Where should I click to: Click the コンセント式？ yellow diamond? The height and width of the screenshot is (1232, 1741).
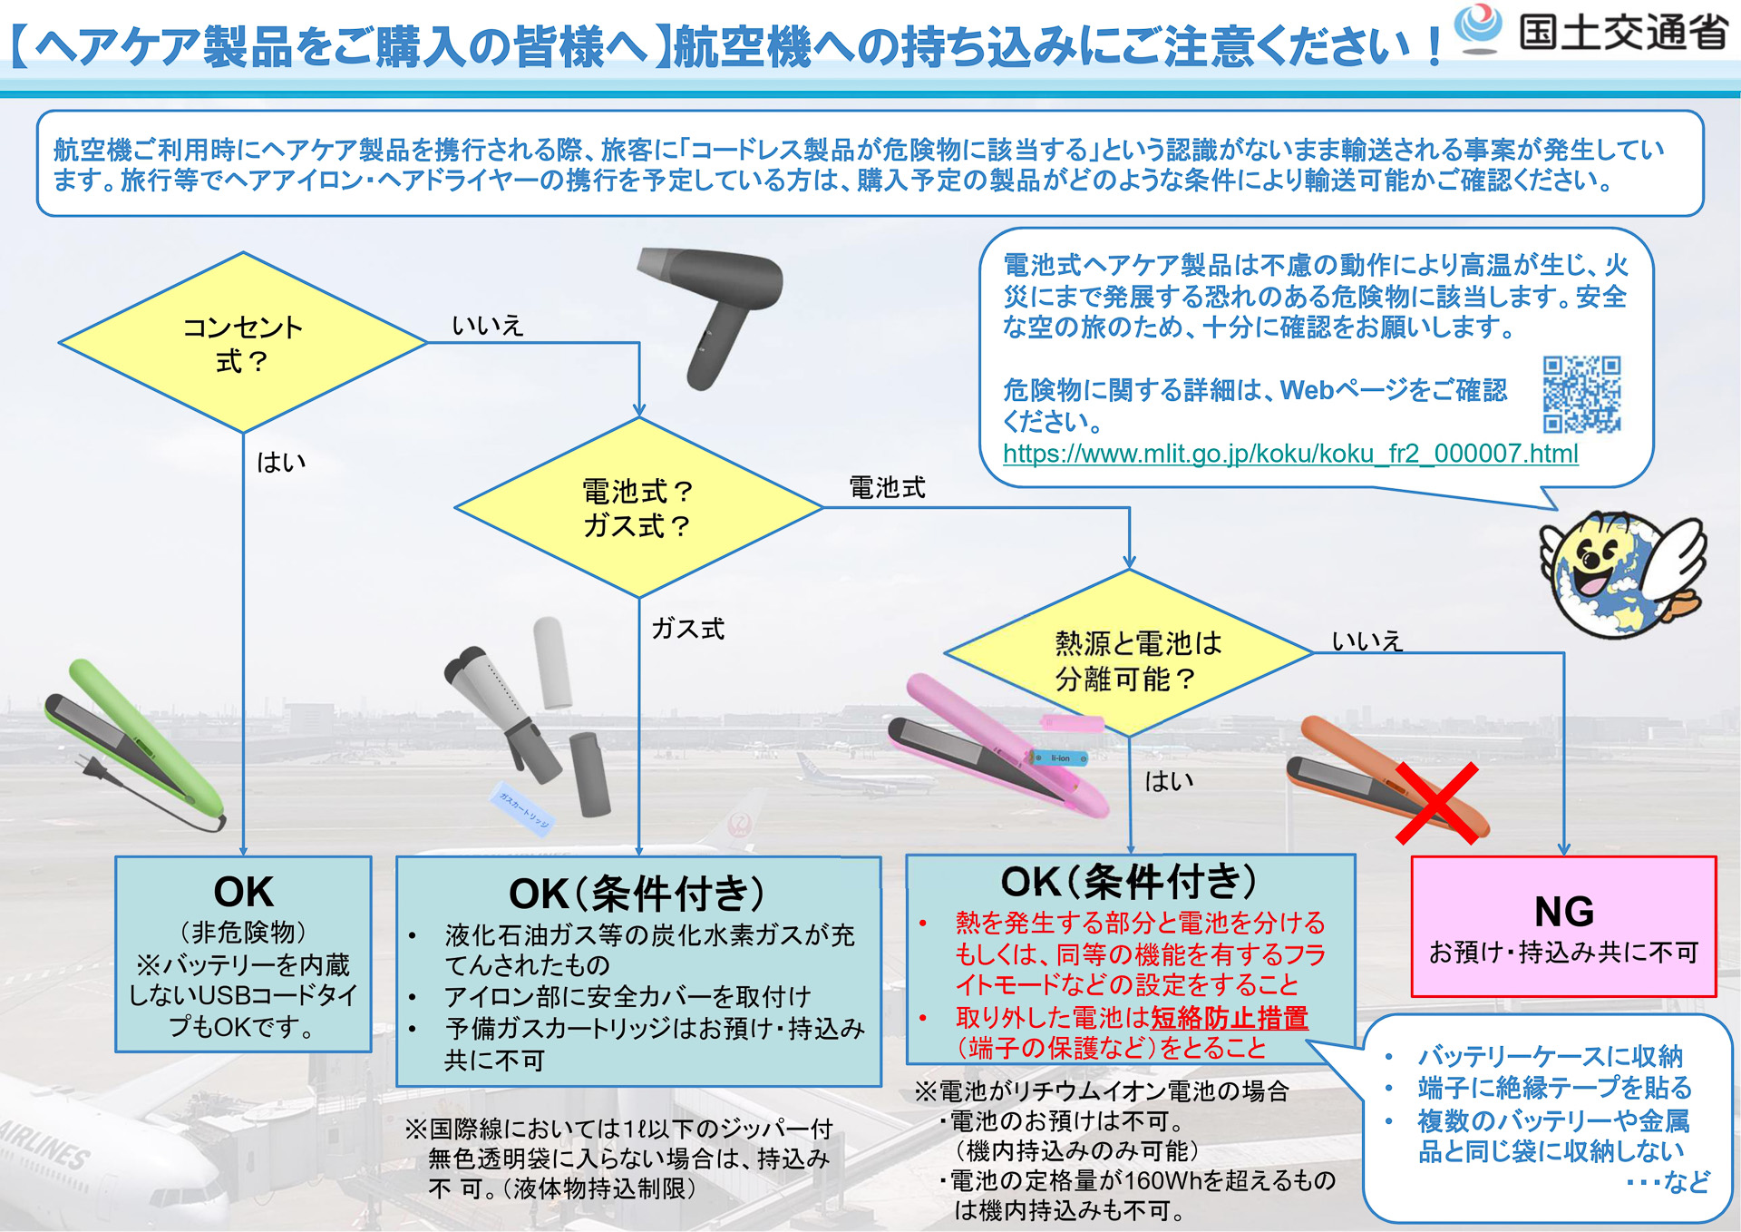(x=242, y=343)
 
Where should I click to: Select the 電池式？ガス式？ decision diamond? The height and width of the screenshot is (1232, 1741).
(x=638, y=508)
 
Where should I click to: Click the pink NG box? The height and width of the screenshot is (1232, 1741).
(x=1563, y=926)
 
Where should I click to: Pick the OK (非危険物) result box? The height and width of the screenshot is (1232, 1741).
(x=243, y=953)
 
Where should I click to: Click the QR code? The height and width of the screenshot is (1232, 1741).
(x=1581, y=394)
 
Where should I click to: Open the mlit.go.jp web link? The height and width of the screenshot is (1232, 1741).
(x=1289, y=454)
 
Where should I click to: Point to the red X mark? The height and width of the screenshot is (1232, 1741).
(x=1437, y=803)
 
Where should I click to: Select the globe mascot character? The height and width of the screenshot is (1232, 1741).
(x=1619, y=572)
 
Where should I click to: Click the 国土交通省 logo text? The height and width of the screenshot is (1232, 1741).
(x=1622, y=33)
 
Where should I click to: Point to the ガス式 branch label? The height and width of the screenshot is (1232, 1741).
(x=688, y=629)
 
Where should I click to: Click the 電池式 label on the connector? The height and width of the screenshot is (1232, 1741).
(x=887, y=488)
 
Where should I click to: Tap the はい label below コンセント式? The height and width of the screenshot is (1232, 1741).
(x=281, y=463)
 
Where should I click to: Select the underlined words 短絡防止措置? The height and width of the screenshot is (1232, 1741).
(x=1229, y=1018)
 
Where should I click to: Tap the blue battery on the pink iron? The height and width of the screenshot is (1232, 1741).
(x=1060, y=758)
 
